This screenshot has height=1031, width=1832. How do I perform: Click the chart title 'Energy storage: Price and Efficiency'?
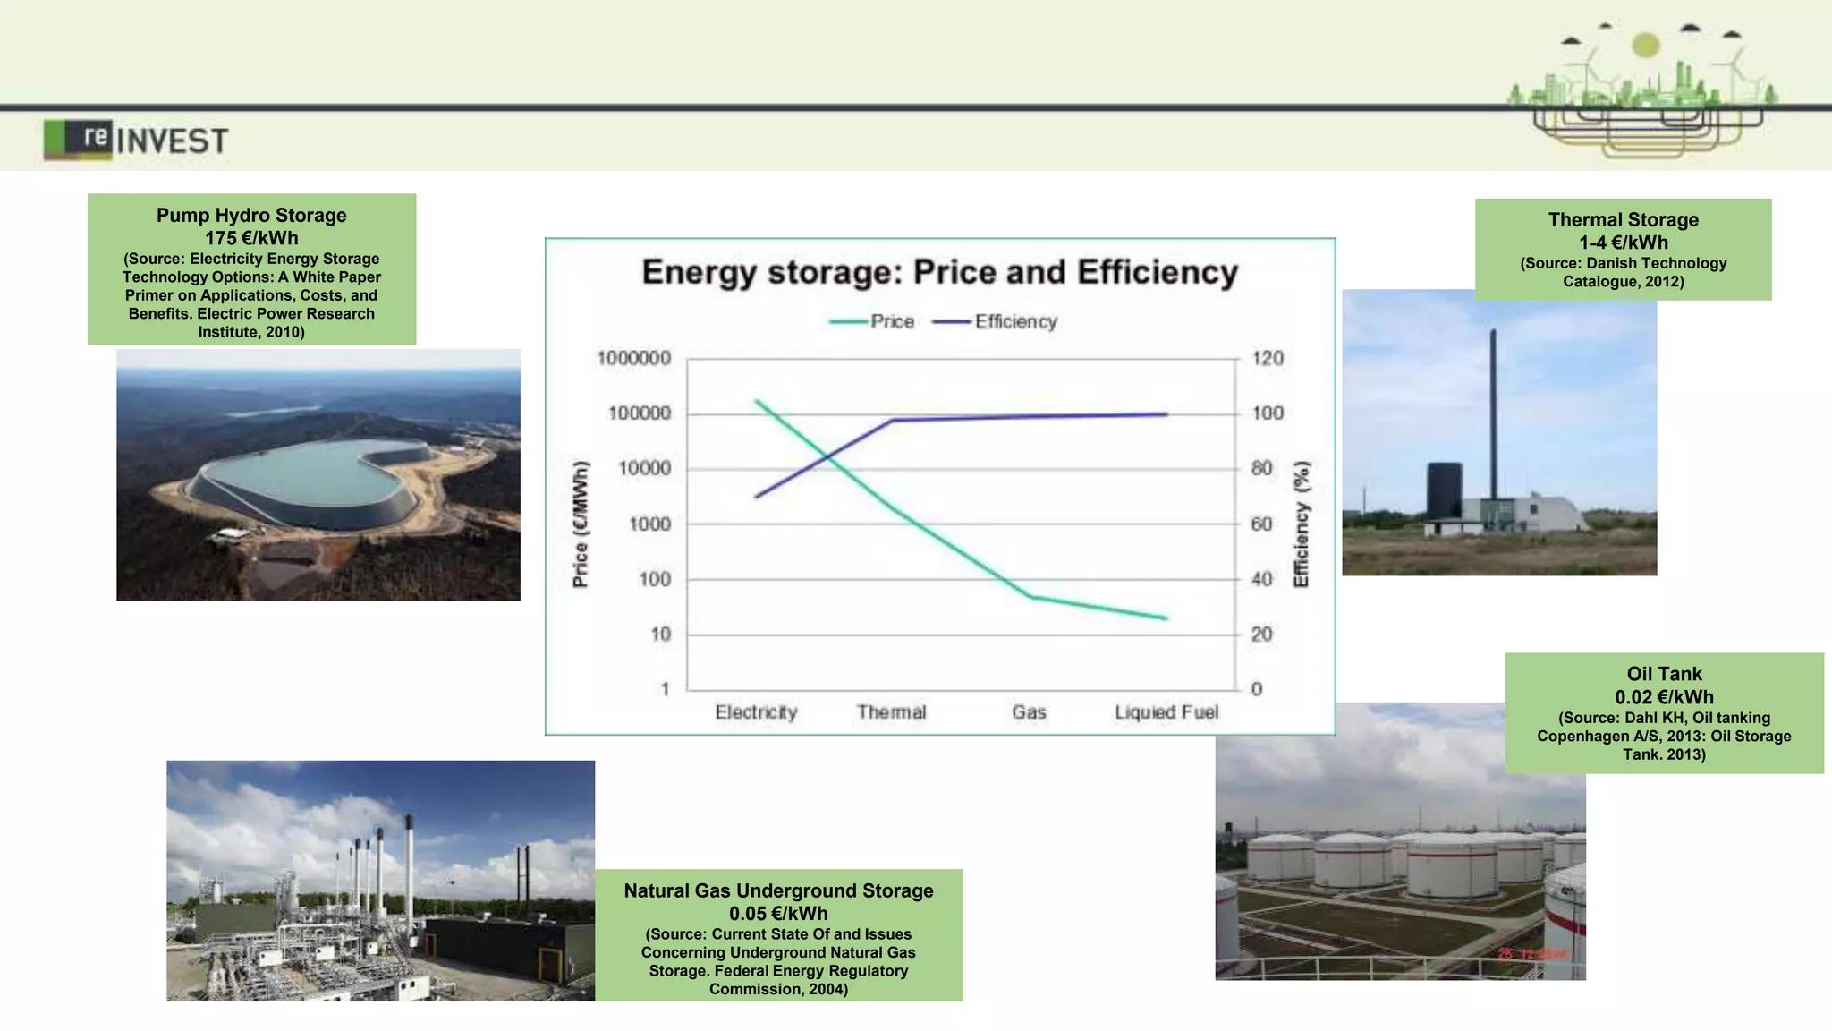(x=939, y=272)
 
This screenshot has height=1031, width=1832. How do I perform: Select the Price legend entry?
(x=872, y=321)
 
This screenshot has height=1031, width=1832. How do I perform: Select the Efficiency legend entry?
(x=995, y=321)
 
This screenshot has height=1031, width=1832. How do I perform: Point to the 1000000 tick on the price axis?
(x=633, y=358)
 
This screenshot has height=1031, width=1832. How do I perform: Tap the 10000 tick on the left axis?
(x=644, y=468)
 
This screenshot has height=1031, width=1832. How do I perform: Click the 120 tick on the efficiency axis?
(x=1268, y=358)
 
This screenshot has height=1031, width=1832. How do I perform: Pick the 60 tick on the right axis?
(x=1261, y=524)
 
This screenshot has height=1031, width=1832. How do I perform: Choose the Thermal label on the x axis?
(x=891, y=712)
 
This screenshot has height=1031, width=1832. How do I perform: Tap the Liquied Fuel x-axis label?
(x=1166, y=712)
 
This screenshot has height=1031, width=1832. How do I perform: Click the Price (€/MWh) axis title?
(x=581, y=524)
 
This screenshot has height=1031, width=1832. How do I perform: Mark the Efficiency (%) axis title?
(x=1302, y=524)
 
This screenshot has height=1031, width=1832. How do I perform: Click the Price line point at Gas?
(x=1030, y=597)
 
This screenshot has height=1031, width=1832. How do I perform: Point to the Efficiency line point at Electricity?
(x=757, y=497)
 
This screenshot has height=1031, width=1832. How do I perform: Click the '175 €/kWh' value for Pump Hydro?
(x=251, y=238)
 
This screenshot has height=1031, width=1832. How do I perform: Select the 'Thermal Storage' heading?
(x=1623, y=219)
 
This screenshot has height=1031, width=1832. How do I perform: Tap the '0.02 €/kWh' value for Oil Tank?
(x=1664, y=696)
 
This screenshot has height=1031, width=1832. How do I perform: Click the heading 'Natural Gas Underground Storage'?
(x=778, y=890)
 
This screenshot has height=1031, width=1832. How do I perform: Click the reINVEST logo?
(x=136, y=140)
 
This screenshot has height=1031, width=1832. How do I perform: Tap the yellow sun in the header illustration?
(x=1646, y=45)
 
